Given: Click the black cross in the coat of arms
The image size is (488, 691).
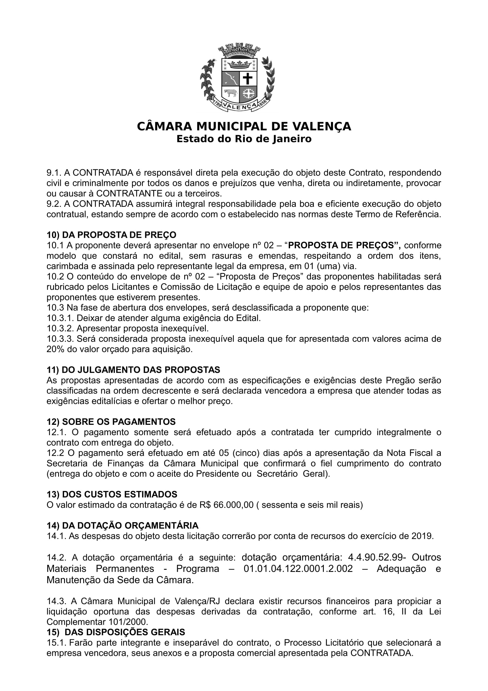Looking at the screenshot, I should pyautogui.click(x=248, y=79).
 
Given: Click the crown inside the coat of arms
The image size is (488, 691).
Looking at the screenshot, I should pyautogui.click(x=239, y=64).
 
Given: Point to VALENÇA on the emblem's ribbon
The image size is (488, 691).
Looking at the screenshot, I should pyautogui.click(x=240, y=105).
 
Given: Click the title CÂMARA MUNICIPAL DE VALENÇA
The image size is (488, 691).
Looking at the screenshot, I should pyautogui.click(x=244, y=126).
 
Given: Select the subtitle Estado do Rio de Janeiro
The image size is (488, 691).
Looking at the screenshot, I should pyautogui.click(x=244, y=139).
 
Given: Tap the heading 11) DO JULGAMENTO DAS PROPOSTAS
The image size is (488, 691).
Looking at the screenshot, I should pyautogui.click(x=133, y=370).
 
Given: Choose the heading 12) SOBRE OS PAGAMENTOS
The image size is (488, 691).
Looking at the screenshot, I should pyautogui.click(x=111, y=422).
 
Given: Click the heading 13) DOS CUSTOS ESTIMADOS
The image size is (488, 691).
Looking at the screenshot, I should pyautogui.click(x=112, y=495).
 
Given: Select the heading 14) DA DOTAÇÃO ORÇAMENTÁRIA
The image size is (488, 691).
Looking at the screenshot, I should pyautogui.click(x=123, y=526).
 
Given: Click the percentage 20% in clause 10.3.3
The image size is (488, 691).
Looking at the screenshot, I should pyautogui.click(x=53, y=349).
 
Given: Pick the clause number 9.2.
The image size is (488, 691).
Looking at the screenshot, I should pyautogui.click(x=54, y=204).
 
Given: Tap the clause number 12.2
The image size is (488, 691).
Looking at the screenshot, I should pyautogui.click(x=55, y=453).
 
